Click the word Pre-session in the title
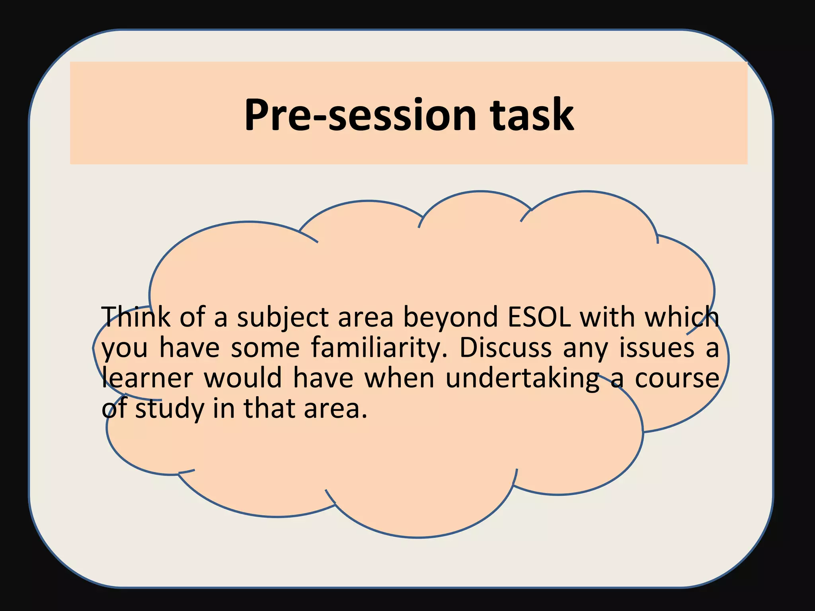click(x=360, y=115)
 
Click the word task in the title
click(x=532, y=115)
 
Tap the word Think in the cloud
click(x=136, y=317)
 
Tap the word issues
click(x=657, y=348)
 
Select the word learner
click(x=147, y=378)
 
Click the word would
click(x=243, y=378)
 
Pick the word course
click(x=677, y=379)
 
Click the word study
click(x=170, y=409)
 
